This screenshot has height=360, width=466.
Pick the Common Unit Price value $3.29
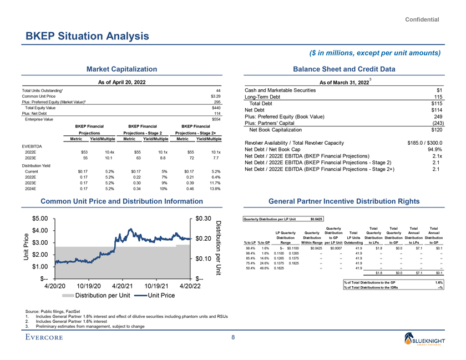[216, 96]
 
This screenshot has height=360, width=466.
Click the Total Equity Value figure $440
[217, 108]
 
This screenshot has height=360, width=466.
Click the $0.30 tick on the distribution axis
[204, 219]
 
